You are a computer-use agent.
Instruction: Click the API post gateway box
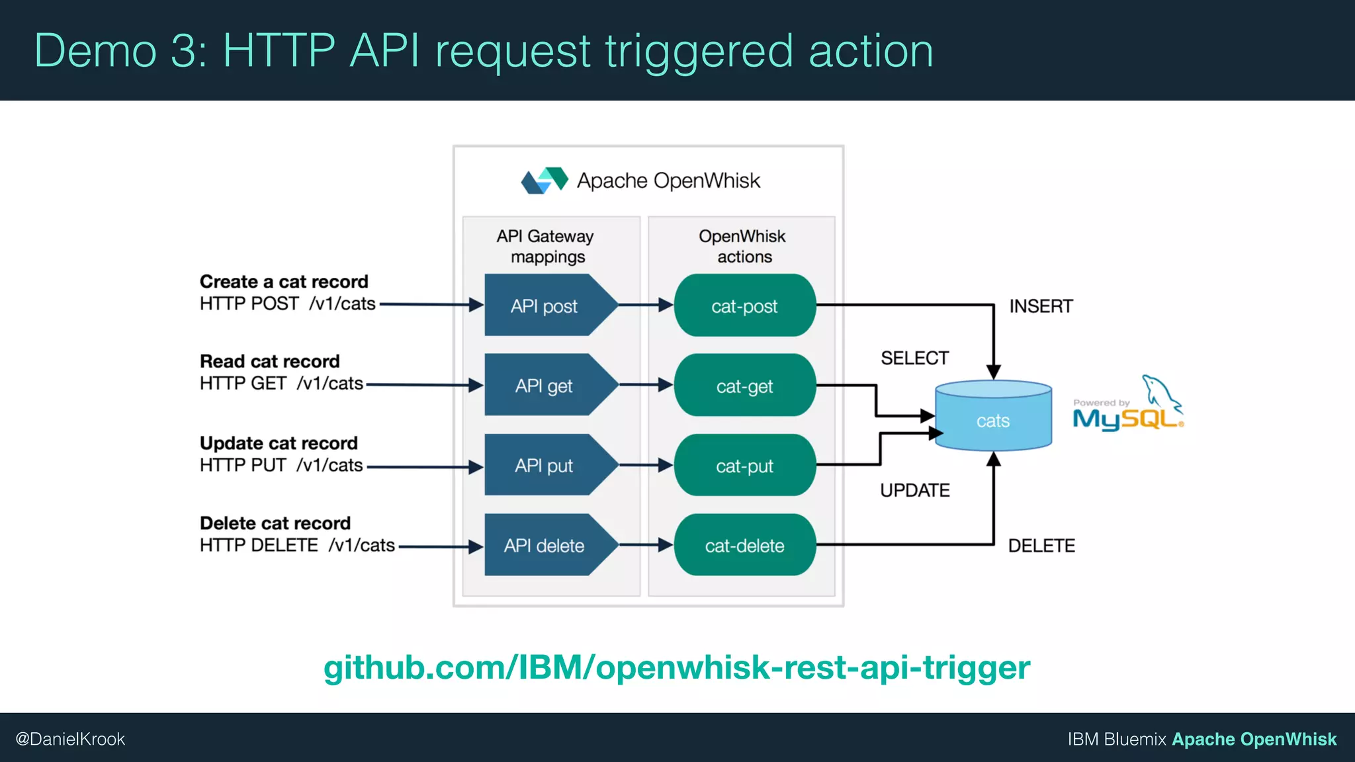544,306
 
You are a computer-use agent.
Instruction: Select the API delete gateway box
544,546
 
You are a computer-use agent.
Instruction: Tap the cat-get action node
744,386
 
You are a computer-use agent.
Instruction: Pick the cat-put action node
744,466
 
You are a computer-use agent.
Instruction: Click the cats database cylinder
992,417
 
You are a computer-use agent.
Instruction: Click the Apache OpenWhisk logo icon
545,180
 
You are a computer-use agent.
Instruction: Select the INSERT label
1041,306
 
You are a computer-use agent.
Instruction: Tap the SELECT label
914,358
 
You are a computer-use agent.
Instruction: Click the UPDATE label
914,490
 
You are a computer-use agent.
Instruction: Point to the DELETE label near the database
1041,546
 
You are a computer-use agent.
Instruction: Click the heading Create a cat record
284,282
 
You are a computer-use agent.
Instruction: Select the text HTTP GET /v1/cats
281,384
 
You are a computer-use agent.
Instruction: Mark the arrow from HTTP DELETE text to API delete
440,546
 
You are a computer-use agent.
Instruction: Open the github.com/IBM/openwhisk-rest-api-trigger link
676,667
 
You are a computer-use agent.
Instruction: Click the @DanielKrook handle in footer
70,739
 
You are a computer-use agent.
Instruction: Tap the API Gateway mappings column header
546,246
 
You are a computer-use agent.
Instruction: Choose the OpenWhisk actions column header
742,246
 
